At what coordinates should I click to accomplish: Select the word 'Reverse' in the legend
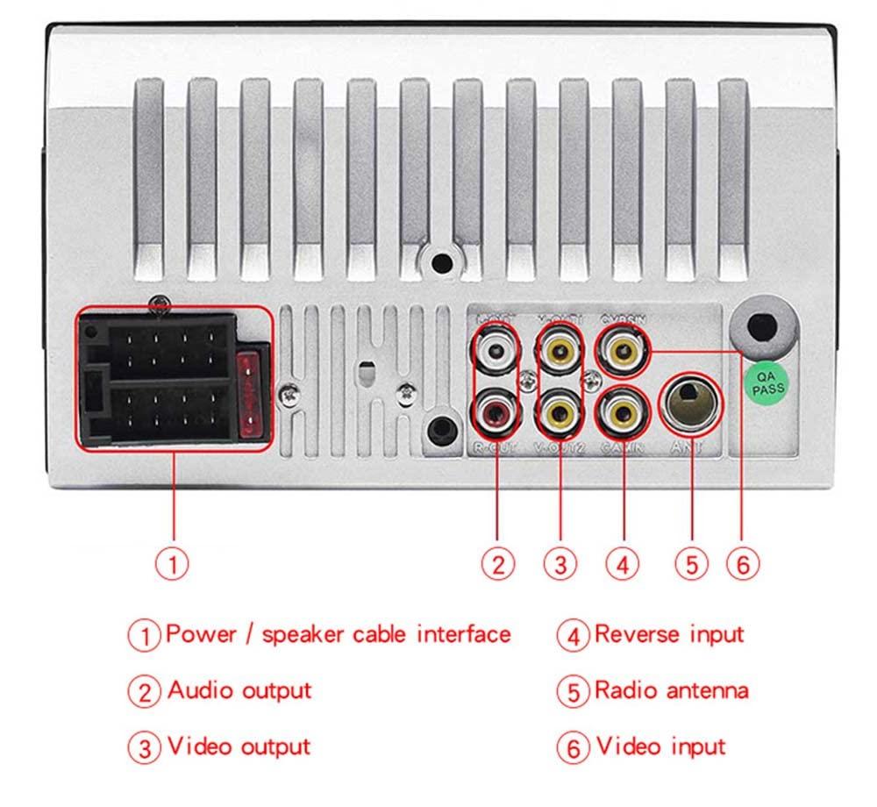click(633, 634)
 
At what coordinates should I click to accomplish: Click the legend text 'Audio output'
click(239, 690)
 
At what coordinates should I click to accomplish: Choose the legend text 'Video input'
click(660, 746)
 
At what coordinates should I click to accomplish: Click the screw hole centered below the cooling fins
click(441, 261)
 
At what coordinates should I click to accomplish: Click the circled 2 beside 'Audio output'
click(145, 691)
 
